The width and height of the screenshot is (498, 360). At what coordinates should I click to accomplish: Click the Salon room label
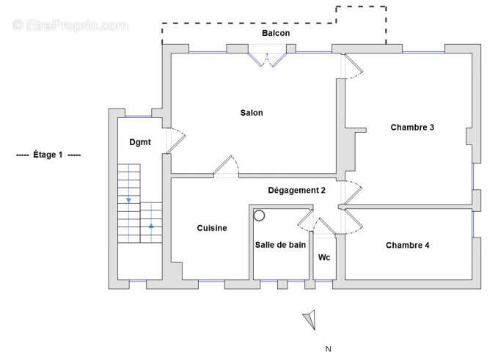click(x=251, y=113)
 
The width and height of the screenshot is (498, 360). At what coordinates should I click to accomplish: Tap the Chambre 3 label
click(x=412, y=128)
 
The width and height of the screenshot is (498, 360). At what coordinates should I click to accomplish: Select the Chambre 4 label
click(x=407, y=245)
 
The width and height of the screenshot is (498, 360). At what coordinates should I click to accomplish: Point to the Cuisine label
click(x=212, y=228)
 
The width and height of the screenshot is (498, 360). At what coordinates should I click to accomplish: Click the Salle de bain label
click(x=280, y=245)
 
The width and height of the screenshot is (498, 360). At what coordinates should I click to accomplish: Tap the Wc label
click(x=324, y=257)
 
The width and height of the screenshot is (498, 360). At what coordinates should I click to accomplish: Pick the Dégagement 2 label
click(x=296, y=191)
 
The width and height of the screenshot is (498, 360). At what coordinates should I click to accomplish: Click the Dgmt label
click(x=140, y=142)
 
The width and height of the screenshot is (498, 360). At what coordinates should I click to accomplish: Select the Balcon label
click(x=276, y=34)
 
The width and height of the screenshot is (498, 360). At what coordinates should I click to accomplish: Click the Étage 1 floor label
click(x=48, y=155)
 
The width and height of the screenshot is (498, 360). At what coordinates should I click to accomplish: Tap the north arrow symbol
click(x=310, y=319)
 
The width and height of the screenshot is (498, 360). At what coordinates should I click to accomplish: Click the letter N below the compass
click(x=329, y=349)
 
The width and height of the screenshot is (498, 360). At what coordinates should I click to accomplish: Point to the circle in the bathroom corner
click(x=259, y=216)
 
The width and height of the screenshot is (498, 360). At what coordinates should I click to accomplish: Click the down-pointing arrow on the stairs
click(x=129, y=199)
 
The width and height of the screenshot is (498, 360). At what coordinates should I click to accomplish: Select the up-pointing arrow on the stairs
click(x=151, y=226)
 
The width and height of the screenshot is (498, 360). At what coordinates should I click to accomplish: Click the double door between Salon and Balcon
click(x=266, y=59)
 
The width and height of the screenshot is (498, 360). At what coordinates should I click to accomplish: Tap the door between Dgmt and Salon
click(x=176, y=140)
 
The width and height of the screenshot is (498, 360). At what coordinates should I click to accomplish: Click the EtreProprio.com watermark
click(x=70, y=25)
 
